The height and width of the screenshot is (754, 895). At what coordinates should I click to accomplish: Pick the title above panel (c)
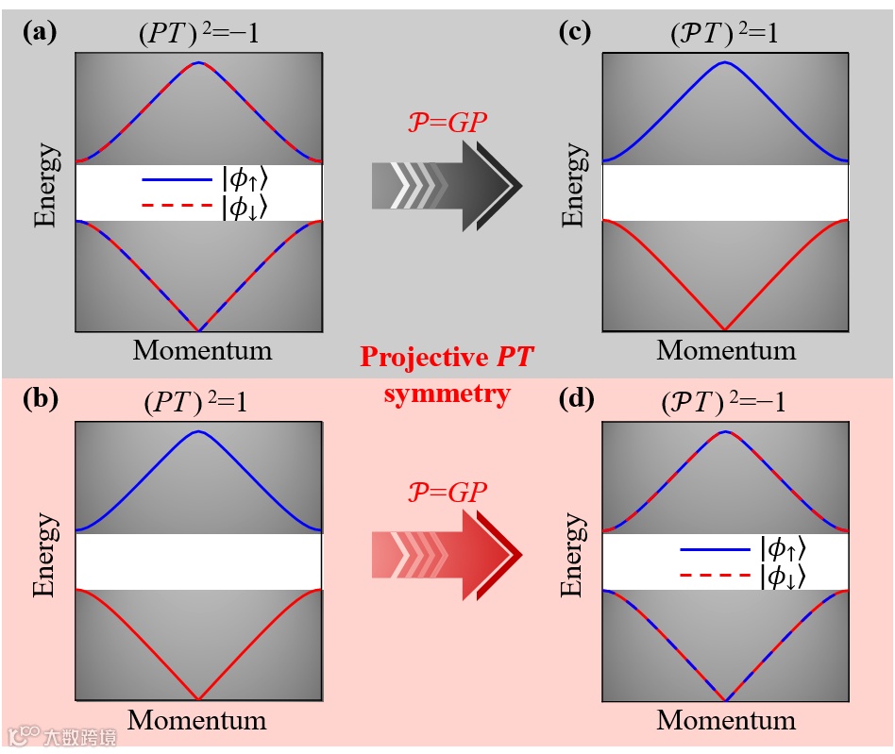[725, 34]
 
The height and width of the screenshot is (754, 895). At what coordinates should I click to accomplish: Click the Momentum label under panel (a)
[202, 350]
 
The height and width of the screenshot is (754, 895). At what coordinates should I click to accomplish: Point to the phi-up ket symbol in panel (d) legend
[783, 548]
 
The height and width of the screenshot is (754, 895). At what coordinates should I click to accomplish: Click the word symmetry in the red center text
[447, 393]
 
